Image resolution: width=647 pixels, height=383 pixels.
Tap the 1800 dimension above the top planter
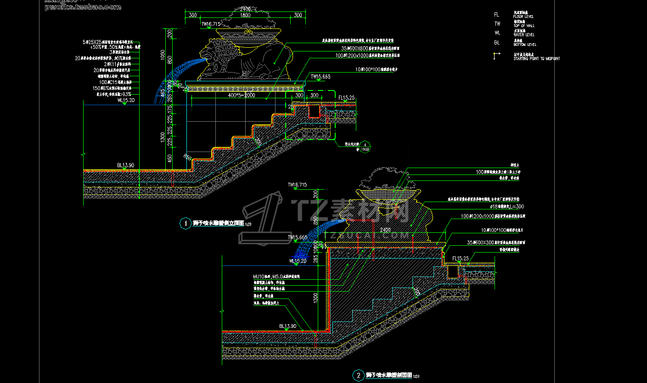[x=245, y=15]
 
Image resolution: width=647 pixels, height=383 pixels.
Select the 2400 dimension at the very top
[x=245, y=9]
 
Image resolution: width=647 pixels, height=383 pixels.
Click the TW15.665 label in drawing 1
[x=320, y=77]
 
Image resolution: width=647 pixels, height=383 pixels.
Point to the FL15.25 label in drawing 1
[x=346, y=98]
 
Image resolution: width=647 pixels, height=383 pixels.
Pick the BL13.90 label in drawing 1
[x=125, y=165]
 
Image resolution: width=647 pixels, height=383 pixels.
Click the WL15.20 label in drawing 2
[x=297, y=261]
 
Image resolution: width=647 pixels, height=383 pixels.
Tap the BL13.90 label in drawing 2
[x=288, y=326]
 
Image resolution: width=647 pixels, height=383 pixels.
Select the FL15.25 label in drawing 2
[x=460, y=259]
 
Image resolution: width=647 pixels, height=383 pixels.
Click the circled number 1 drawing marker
[x=186, y=224]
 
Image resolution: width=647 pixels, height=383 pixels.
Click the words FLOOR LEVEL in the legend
[x=523, y=17]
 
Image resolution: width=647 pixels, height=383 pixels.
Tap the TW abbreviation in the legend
[x=497, y=24]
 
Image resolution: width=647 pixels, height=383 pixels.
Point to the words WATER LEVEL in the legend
[x=523, y=34]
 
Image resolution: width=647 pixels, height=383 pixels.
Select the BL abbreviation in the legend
[x=497, y=43]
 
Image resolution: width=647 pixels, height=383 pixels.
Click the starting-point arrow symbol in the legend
[x=496, y=56]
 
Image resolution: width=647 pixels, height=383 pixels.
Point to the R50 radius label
[x=187, y=156]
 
